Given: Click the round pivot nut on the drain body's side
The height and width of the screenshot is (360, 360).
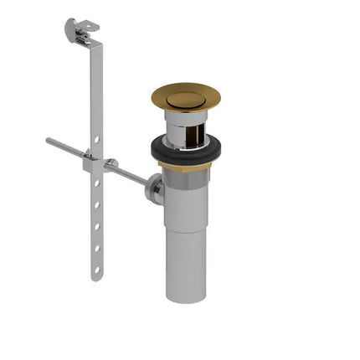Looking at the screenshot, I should tap(154, 190).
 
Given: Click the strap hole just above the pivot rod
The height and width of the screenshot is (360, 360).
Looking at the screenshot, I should tap(97, 138).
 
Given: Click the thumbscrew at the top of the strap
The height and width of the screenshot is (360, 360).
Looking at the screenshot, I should tap(73, 31).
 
